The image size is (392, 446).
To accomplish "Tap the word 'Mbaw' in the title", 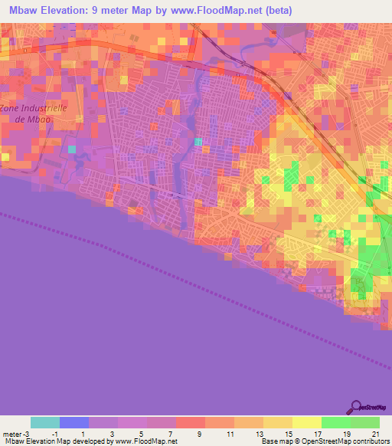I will click(x=23, y=9).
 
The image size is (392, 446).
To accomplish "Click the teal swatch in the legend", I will click(x=45, y=422).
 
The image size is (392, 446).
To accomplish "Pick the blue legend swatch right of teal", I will click(x=74, y=422).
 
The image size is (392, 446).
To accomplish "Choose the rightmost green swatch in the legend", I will click(x=365, y=422).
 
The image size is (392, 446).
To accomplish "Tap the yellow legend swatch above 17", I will click(x=307, y=422).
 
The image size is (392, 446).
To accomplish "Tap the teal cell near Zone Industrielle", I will click(x=73, y=149).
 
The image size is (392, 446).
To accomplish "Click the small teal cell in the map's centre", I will click(x=199, y=141).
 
